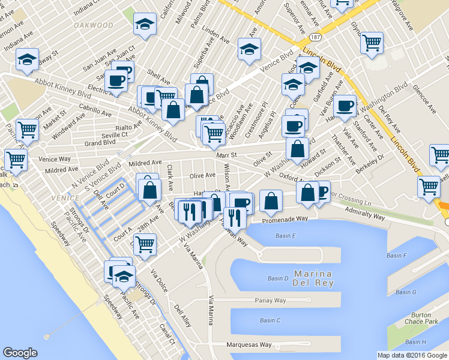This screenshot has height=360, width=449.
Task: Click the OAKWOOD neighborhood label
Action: pos(93,25)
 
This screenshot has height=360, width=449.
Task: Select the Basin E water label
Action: pos(286,236)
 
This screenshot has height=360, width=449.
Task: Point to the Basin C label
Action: pos(270,320)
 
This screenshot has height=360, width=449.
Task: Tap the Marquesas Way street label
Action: pos(249,345)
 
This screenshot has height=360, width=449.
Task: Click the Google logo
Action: pos(20,353)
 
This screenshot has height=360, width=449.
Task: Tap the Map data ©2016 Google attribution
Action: pos(412,355)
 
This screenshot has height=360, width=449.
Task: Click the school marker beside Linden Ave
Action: pos(249,49)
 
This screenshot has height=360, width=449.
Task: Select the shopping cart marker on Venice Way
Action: pos(16,159)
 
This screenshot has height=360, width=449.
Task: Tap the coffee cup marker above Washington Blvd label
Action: pos(345,105)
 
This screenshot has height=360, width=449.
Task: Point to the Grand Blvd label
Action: pos(100,143)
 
